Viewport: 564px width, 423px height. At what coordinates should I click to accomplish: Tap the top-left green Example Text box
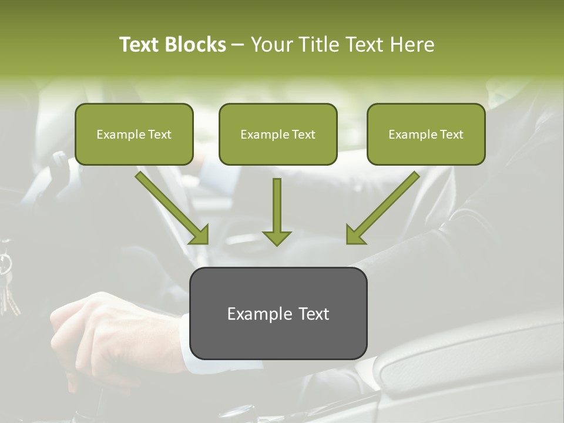click(x=134, y=135)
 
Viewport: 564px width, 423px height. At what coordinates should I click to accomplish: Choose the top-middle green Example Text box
click(x=278, y=135)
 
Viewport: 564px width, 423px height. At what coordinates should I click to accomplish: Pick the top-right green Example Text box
click(x=426, y=135)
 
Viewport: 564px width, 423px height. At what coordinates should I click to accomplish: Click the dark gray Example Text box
click(x=278, y=314)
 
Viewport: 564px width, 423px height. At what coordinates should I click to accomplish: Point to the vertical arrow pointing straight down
click(x=277, y=211)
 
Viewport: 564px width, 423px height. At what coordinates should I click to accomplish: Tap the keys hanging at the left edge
click(x=7, y=282)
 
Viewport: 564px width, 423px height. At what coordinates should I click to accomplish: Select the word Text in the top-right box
click(x=451, y=135)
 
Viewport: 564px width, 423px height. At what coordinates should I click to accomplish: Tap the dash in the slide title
click(x=238, y=45)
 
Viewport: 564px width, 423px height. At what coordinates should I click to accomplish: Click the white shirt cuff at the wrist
click(x=186, y=347)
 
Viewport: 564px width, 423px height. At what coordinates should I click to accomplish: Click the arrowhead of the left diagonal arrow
click(x=200, y=234)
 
